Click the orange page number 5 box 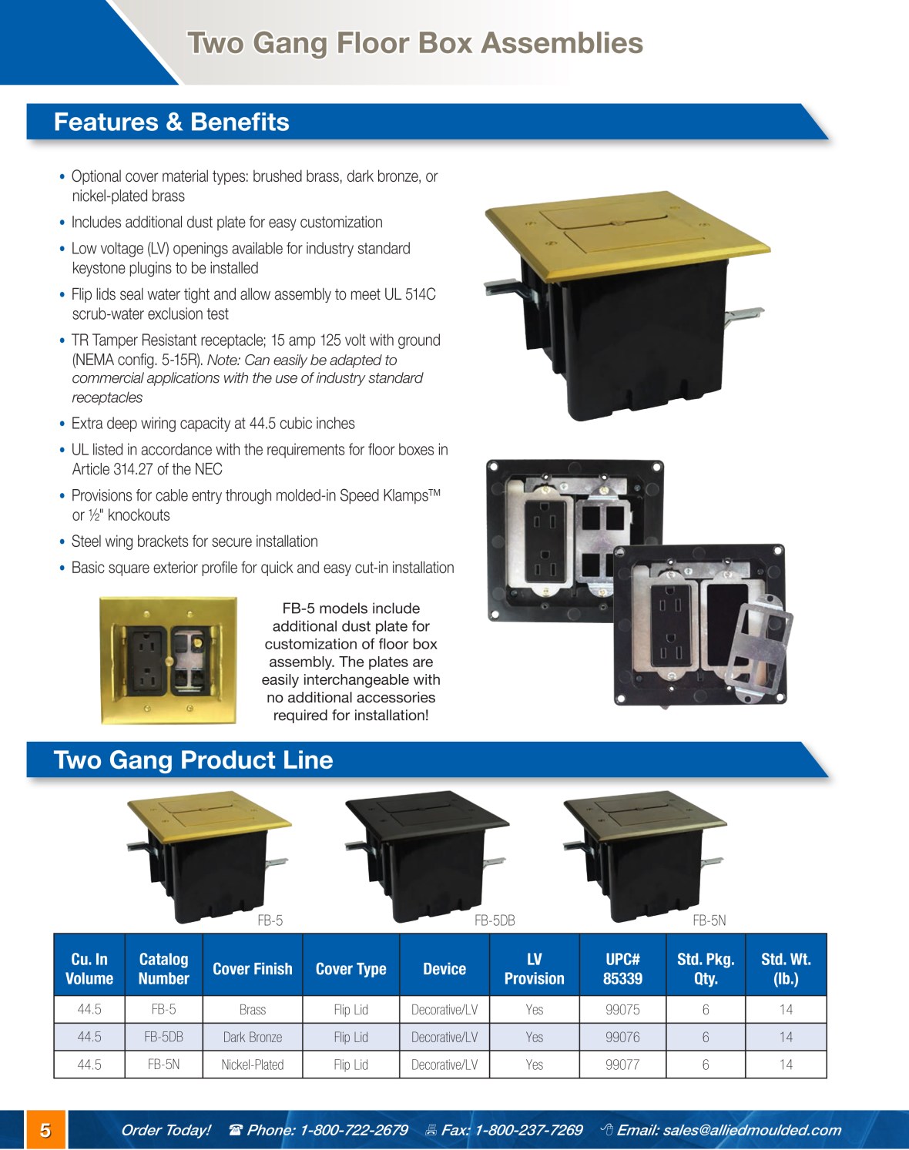click(45, 1130)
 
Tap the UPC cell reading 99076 click(622, 1037)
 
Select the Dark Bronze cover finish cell click(252, 1037)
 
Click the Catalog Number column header click(163, 969)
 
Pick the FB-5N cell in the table click(163, 1065)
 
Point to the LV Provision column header click(535, 969)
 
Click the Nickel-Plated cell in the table click(252, 1065)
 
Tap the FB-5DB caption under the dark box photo click(495, 920)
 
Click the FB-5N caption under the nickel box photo click(709, 920)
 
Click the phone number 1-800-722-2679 click(354, 1130)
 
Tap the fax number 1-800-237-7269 click(528, 1130)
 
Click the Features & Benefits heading click(172, 122)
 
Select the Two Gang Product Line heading click(193, 759)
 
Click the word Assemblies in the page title click(562, 43)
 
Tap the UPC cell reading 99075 click(622, 1010)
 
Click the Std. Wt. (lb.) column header click(786, 969)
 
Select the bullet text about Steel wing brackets click(195, 541)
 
